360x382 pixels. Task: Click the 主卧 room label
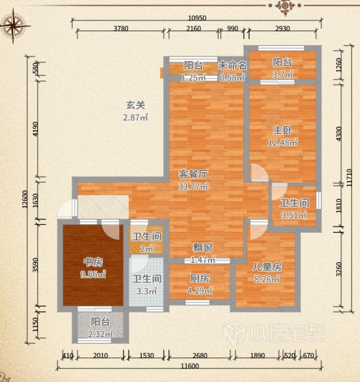point(282,131)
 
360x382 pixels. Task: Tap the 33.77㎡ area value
point(193,187)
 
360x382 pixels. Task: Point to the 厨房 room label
point(200,278)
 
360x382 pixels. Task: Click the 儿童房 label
point(267,267)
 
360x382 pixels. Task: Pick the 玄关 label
point(136,105)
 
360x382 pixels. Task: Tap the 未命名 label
point(232,65)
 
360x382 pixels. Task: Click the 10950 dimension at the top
point(197,18)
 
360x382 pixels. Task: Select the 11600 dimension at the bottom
point(190,366)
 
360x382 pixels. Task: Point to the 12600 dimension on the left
point(25,199)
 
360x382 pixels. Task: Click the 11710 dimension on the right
point(349,178)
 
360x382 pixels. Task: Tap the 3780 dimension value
point(121,29)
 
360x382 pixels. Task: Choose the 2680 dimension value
point(200,356)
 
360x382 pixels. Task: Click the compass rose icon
point(13,26)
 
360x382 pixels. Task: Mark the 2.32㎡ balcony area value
point(100,334)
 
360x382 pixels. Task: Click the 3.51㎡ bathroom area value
point(294,215)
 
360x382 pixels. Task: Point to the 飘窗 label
point(203,248)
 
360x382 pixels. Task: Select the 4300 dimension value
point(339,133)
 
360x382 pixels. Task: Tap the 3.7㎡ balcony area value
point(282,74)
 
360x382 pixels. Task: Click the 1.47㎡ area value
point(203,260)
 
